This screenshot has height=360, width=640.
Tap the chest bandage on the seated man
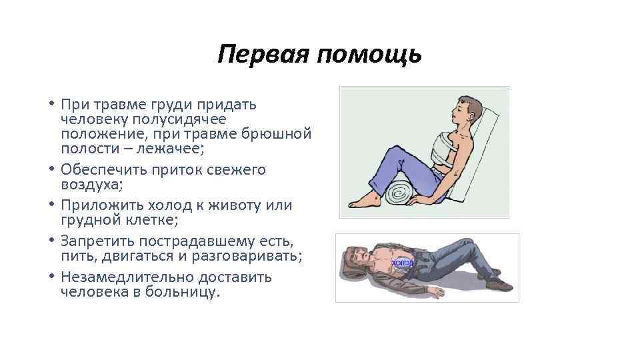(433, 146)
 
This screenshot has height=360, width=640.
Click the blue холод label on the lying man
(402, 263)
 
